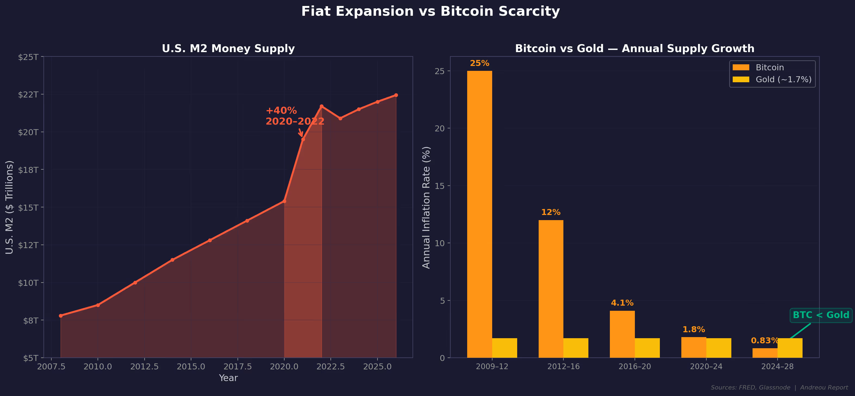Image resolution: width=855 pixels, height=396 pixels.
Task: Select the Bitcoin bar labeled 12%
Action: [551, 289]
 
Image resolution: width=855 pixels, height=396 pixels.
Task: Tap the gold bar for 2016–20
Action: [647, 348]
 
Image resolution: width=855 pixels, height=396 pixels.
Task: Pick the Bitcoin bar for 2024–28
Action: [765, 353]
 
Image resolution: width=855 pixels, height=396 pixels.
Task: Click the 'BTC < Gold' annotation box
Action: [820, 315]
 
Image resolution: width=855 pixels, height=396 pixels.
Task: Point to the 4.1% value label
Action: [622, 303]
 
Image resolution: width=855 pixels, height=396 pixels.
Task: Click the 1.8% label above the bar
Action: [693, 330]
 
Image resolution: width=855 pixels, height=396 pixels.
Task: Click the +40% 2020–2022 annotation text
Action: [295, 116]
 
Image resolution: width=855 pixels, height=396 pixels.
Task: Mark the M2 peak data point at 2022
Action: [321, 106]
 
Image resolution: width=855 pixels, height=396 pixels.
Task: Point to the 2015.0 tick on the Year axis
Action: [191, 366]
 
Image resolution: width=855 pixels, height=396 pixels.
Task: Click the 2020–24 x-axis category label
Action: [706, 366]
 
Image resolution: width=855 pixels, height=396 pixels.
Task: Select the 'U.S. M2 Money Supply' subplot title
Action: [228, 48]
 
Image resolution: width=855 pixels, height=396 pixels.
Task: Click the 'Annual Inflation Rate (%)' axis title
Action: [426, 207]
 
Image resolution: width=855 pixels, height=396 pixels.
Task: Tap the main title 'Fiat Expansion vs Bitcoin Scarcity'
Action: [430, 12]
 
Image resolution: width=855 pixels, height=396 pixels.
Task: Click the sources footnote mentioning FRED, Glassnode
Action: [779, 387]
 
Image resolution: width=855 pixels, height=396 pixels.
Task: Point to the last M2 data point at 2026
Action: [396, 95]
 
